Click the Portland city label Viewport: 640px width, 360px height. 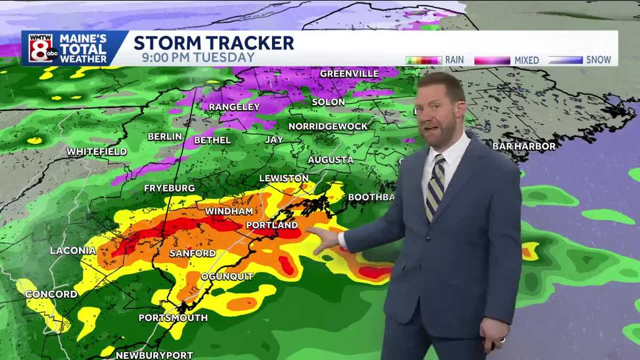(270, 225)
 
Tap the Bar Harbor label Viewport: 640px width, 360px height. (524, 146)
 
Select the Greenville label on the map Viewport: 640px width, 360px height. (349, 74)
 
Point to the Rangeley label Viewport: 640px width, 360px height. (234, 107)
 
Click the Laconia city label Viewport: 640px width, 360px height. (73, 250)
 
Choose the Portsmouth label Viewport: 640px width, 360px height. (173, 318)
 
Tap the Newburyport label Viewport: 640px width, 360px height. (154, 355)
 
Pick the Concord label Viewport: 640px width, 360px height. (51, 294)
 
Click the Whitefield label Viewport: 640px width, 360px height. (97, 152)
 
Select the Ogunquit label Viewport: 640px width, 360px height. (227, 276)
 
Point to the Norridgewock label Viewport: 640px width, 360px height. (328, 126)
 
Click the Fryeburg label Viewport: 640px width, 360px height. (169, 188)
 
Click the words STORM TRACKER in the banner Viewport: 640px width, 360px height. (213, 43)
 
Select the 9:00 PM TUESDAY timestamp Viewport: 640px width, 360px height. (198, 58)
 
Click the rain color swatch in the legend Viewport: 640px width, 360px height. (423, 60)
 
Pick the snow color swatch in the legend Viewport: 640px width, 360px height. (565, 60)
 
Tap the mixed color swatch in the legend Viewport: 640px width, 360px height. (492, 60)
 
